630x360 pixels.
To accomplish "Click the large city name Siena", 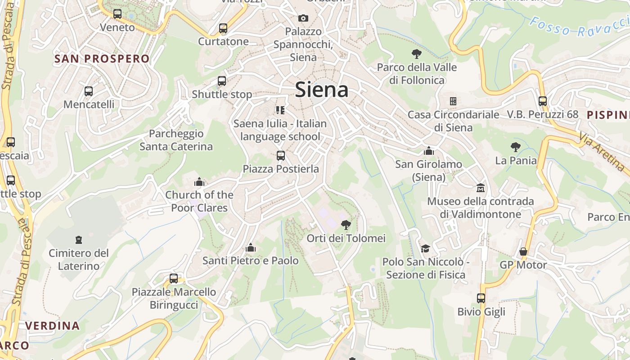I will click(321, 90).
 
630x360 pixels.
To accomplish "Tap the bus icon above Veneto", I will click(117, 14).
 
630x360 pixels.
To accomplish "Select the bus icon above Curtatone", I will click(223, 28).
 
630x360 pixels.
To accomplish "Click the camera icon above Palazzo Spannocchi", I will click(303, 18).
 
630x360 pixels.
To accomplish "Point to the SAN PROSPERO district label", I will click(102, 58).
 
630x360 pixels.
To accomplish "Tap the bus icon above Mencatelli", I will click(89, 91).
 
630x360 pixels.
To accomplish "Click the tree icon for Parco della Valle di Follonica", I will click(417, 54).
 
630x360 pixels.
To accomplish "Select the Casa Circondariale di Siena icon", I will click(453, 101).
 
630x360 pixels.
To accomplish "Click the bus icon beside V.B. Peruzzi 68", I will click(543, 101).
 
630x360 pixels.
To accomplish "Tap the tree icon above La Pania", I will click(516, 147).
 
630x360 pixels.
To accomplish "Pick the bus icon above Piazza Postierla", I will click(281, 156).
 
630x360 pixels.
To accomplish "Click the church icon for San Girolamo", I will click(429, 151).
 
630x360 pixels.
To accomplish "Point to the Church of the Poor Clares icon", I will click(199, 182).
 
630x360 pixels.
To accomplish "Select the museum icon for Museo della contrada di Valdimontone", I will click(481, 188).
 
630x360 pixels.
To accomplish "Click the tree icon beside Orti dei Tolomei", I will click(346, 225).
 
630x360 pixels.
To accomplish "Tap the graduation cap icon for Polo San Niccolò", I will click(425, 248).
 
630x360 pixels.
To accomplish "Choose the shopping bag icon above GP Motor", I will click(523, 252).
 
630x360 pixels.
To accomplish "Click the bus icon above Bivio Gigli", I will click(481, 298).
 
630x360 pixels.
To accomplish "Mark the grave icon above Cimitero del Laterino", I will click(79, 239).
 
